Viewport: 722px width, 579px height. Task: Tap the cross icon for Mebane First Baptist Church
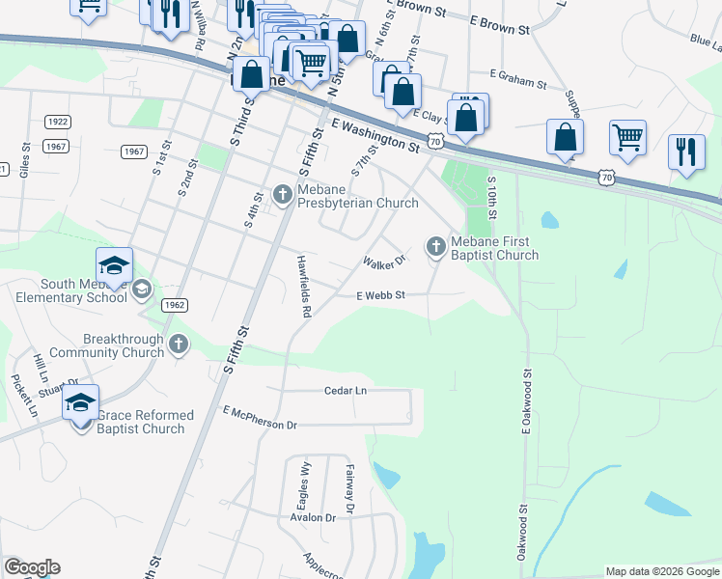click(435, 247)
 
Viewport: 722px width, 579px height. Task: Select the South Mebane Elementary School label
click(70, 290)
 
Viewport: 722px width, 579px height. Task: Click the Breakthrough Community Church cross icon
click(178, 345)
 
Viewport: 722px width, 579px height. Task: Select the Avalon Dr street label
click(312, 517)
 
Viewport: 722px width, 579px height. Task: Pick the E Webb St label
click(379, 296)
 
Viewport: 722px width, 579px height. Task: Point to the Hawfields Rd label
click(304, 287)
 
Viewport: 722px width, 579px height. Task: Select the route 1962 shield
click(174, 305)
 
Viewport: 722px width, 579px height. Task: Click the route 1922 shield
click(57, 122)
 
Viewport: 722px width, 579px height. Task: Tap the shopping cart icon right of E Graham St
click(627, 137)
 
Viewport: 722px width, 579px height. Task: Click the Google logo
click(31, 567)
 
